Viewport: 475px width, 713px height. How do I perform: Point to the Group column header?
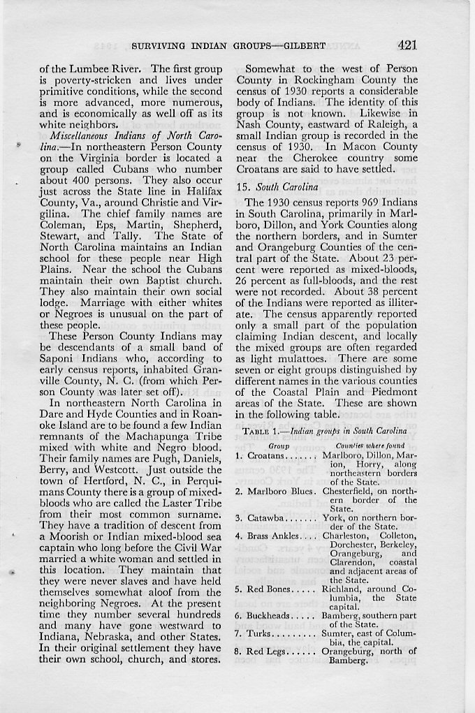[279, 445]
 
